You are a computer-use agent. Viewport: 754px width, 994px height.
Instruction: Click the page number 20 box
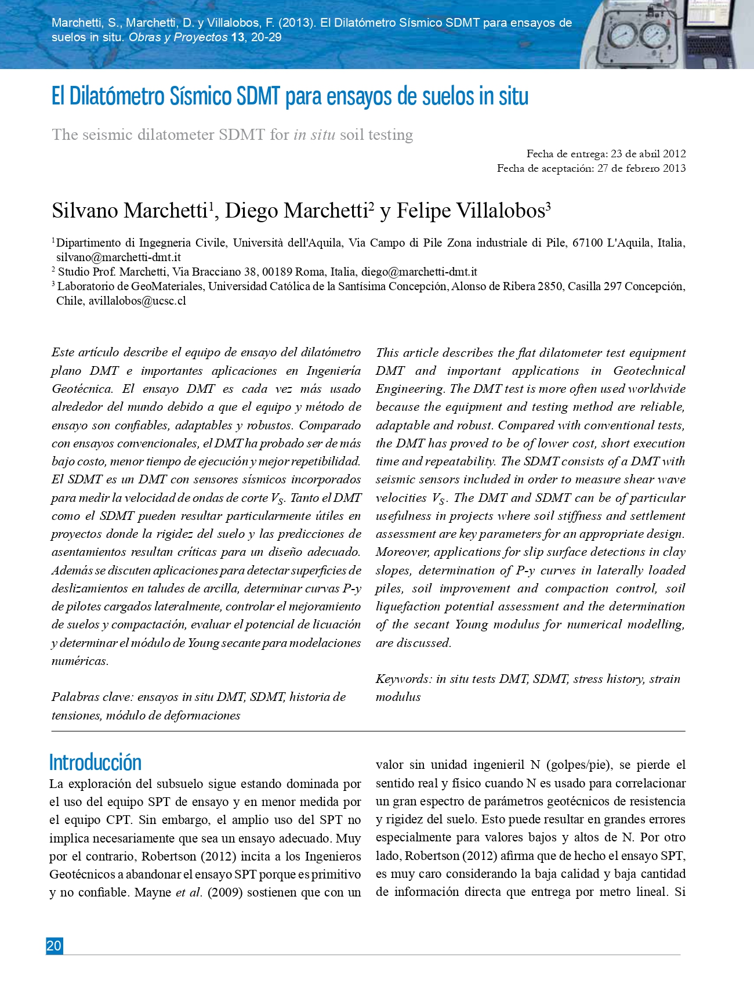coord(54,946)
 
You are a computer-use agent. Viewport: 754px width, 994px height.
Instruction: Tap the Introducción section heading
coord(95,762)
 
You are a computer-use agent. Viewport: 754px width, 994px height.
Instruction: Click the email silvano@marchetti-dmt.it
coord(118,257)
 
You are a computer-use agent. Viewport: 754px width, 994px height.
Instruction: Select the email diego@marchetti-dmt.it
coord(419,272)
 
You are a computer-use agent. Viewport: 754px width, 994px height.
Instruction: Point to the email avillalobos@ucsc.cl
coord(137,301)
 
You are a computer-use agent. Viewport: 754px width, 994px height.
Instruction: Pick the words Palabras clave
coord(92,697)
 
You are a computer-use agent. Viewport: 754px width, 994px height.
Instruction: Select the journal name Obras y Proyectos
coord(178,37)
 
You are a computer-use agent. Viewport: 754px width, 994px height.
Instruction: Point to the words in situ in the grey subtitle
coord(314,135)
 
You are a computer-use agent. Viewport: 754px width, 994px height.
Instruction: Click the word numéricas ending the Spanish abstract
coord(79,661)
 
